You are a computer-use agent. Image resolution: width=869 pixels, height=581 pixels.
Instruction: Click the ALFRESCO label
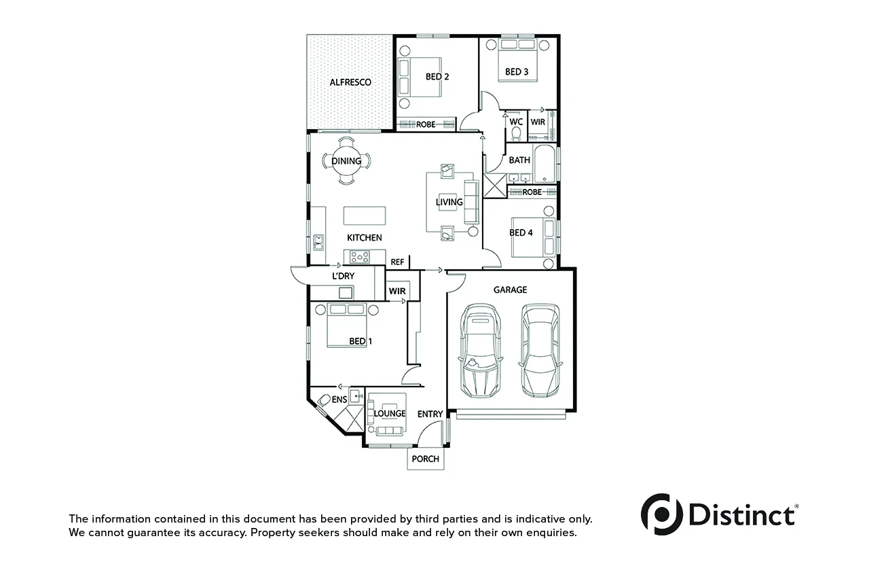[x=350, y=82]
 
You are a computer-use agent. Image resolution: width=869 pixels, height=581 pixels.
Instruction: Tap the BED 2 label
[x=437, y=77]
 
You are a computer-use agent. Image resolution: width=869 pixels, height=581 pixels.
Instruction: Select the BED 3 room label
[x=517, y=72]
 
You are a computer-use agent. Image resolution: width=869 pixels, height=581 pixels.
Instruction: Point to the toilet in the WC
[x=516, y=134]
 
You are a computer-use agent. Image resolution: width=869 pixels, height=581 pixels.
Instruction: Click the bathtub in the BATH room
[x=544, y=164]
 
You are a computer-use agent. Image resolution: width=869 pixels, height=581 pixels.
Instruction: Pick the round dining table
[x=346, y=161]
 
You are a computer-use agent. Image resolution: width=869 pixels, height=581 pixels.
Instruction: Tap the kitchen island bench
[x=365, y=215]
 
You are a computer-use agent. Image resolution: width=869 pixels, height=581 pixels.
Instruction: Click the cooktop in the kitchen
[x=360, y=257]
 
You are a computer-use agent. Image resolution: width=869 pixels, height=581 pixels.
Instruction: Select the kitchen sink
[x=318, y=243]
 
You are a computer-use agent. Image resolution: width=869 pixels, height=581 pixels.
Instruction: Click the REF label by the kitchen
[x=397, y=262]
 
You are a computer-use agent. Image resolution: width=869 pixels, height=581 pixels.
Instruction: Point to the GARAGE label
[x=510, y=289]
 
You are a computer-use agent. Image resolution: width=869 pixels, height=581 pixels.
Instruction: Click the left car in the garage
[x=481, y=351]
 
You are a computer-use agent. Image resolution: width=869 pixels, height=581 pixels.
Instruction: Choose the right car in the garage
[x=540, y=351]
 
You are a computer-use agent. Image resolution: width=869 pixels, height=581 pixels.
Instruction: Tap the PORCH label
[x=426, y=459]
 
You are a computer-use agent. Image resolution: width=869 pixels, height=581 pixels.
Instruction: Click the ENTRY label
[x=430, y=415]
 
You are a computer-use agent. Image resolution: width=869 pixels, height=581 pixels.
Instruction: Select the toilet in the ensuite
[x=324, y=400]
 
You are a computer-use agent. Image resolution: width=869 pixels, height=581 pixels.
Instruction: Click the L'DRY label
[x=344, y=276]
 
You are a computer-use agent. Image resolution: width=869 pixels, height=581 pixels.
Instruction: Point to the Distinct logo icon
[x=662, y=514]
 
